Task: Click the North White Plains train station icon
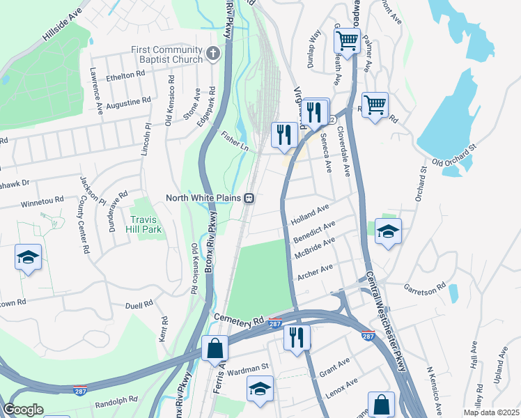pyautogui.click(x=247, y=198)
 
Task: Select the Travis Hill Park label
pyautogui.click(x=146, y=224)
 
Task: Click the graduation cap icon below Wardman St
pyautogui.click(x=260, y=387)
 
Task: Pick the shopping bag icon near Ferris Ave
pyautogui.click(x=215, y=347)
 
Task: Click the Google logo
pyautogui.click(x=23, y=410)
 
